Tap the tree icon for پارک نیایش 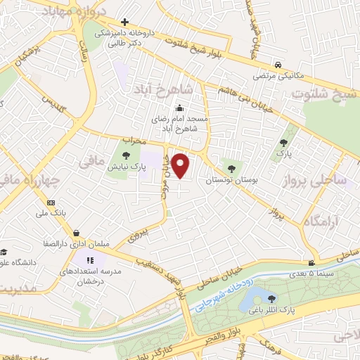pyautogui.click(x=126, y=155)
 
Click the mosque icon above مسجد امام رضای pyautogui.click(x=180, y=108)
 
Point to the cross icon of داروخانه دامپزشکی pyautogui.click(x=124, y=22)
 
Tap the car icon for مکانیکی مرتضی pyautogui.click(x=279, y=63)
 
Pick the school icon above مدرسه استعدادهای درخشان pyautogui.click(x=89, y=261)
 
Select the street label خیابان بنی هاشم pyautogui.click(x=245, y=96)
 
